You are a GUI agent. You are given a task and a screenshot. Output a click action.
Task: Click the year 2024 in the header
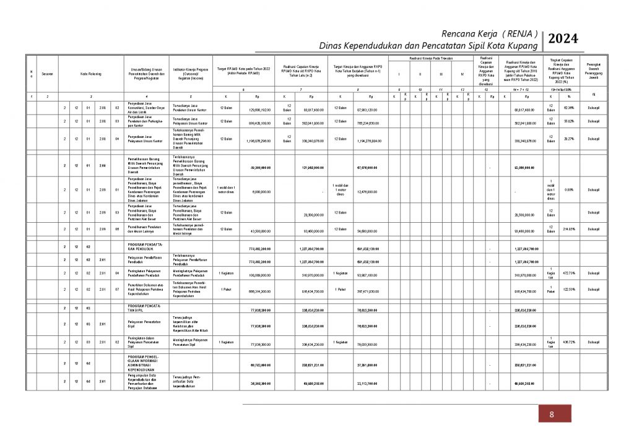click(563, 39)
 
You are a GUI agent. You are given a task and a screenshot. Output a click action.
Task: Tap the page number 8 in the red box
click(551, 415)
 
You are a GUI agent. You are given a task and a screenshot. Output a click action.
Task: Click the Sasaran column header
click(47, 74)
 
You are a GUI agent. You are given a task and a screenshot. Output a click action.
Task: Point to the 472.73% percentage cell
click(568, 272)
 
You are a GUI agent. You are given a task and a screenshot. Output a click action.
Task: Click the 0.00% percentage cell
click(568, 190)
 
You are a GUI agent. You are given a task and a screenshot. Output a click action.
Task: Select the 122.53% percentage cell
click(568, 290)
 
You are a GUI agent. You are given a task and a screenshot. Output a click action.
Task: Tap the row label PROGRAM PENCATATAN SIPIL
click(145, 308)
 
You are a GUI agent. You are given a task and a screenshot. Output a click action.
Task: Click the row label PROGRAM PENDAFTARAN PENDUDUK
click(145, 246)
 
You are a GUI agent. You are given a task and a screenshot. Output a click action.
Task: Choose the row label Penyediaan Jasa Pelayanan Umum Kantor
click(145, 140)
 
